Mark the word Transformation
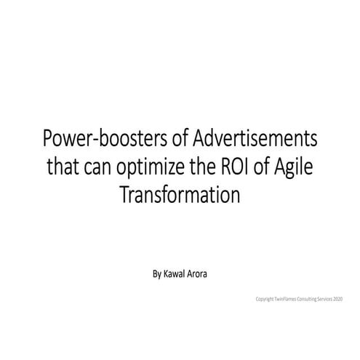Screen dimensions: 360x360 click(x=180, y=193)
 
